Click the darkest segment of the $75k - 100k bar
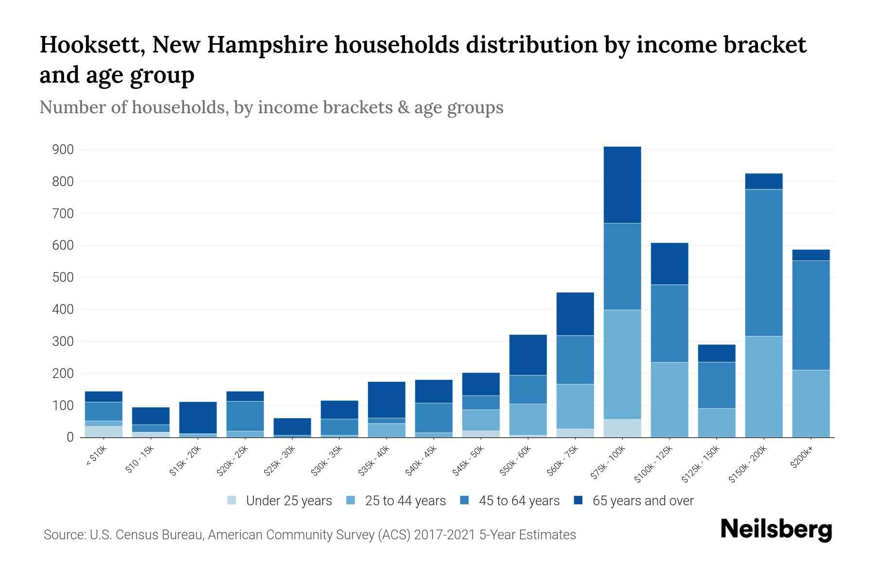(622, 185)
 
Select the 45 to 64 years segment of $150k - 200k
(764, 262)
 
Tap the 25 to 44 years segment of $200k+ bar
(810, 403)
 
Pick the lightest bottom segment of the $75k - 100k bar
(622, 428)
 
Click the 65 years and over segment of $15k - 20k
(198, 417)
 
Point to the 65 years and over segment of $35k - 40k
(387, 399)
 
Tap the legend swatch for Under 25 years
(232, 500)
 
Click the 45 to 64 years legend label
(519, 500)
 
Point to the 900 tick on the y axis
(63, 150)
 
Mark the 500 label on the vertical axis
(63, 277)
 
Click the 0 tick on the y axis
(70, 437)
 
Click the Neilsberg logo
(776, 530)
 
